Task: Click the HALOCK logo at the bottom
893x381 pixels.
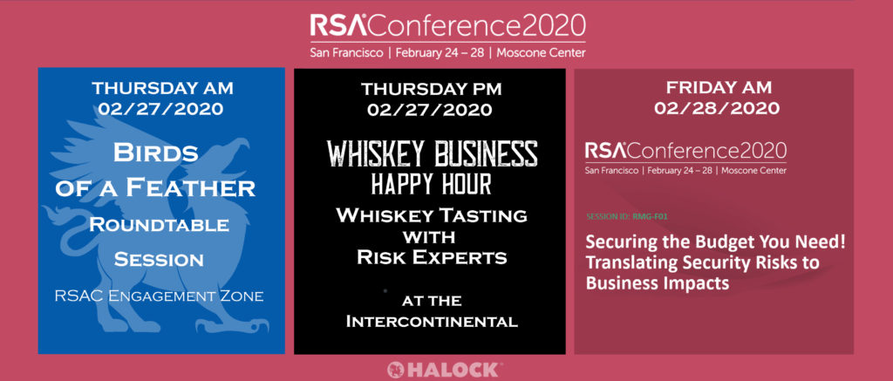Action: (x=445, y=369)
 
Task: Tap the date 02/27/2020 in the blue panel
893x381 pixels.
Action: (x=160, y=108)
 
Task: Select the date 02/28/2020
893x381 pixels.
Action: (x=719, y=107)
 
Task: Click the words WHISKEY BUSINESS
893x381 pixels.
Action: (x=433, y=153)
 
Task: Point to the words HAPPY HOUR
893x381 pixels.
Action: (x=432, y=184)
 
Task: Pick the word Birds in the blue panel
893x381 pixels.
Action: (x=155, y=153)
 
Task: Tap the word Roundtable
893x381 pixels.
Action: (x=160, y=225)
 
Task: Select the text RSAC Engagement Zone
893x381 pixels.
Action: (x=160, y=296)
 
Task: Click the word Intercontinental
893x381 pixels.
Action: (x=432, y=321)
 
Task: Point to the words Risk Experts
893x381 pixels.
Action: (x=432, y=257)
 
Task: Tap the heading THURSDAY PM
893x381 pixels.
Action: (x=433, y=89)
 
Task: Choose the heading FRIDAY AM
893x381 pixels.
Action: (x=719, y=88)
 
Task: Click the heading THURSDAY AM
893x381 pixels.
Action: (x=162, y=88)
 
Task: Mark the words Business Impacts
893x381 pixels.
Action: (x=658, y=282)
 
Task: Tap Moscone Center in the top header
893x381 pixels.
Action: (x=541, y=53)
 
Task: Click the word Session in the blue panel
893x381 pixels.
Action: (x=159, y=260)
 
